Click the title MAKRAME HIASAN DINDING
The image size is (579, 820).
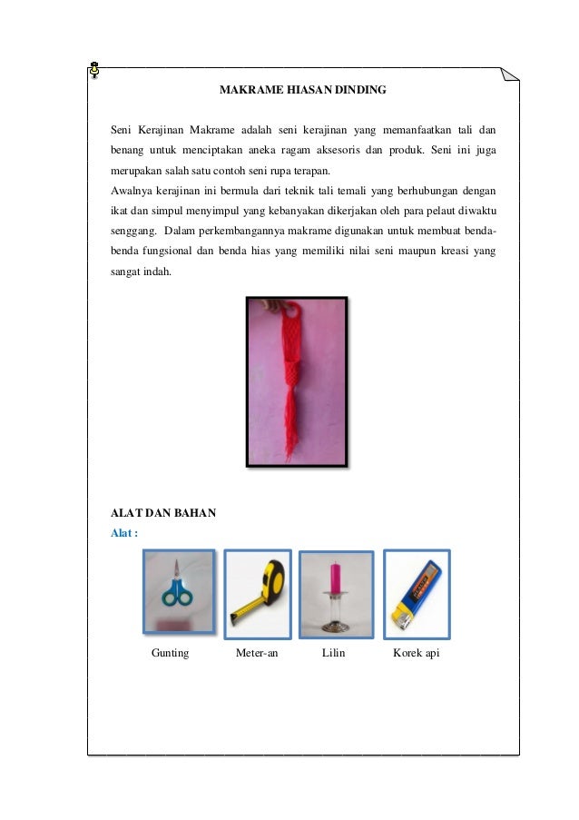(x=303, y=91)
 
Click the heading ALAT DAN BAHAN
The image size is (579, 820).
(x=163, y=513)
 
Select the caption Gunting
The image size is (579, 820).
(x=171, y=653)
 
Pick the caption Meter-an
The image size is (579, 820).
(x=257, y=653)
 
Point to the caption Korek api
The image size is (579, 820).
(x=416, y=653)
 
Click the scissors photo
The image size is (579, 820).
(x=179, y=591)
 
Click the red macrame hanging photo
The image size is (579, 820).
(x=298, y=382)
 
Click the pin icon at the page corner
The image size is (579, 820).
(x=95, y=69)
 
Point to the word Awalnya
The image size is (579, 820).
(x=131, y=193)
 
